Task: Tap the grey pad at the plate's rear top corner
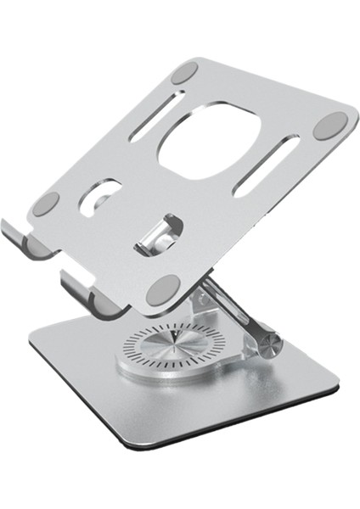point(183,72)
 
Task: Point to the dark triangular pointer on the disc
point(175,337)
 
